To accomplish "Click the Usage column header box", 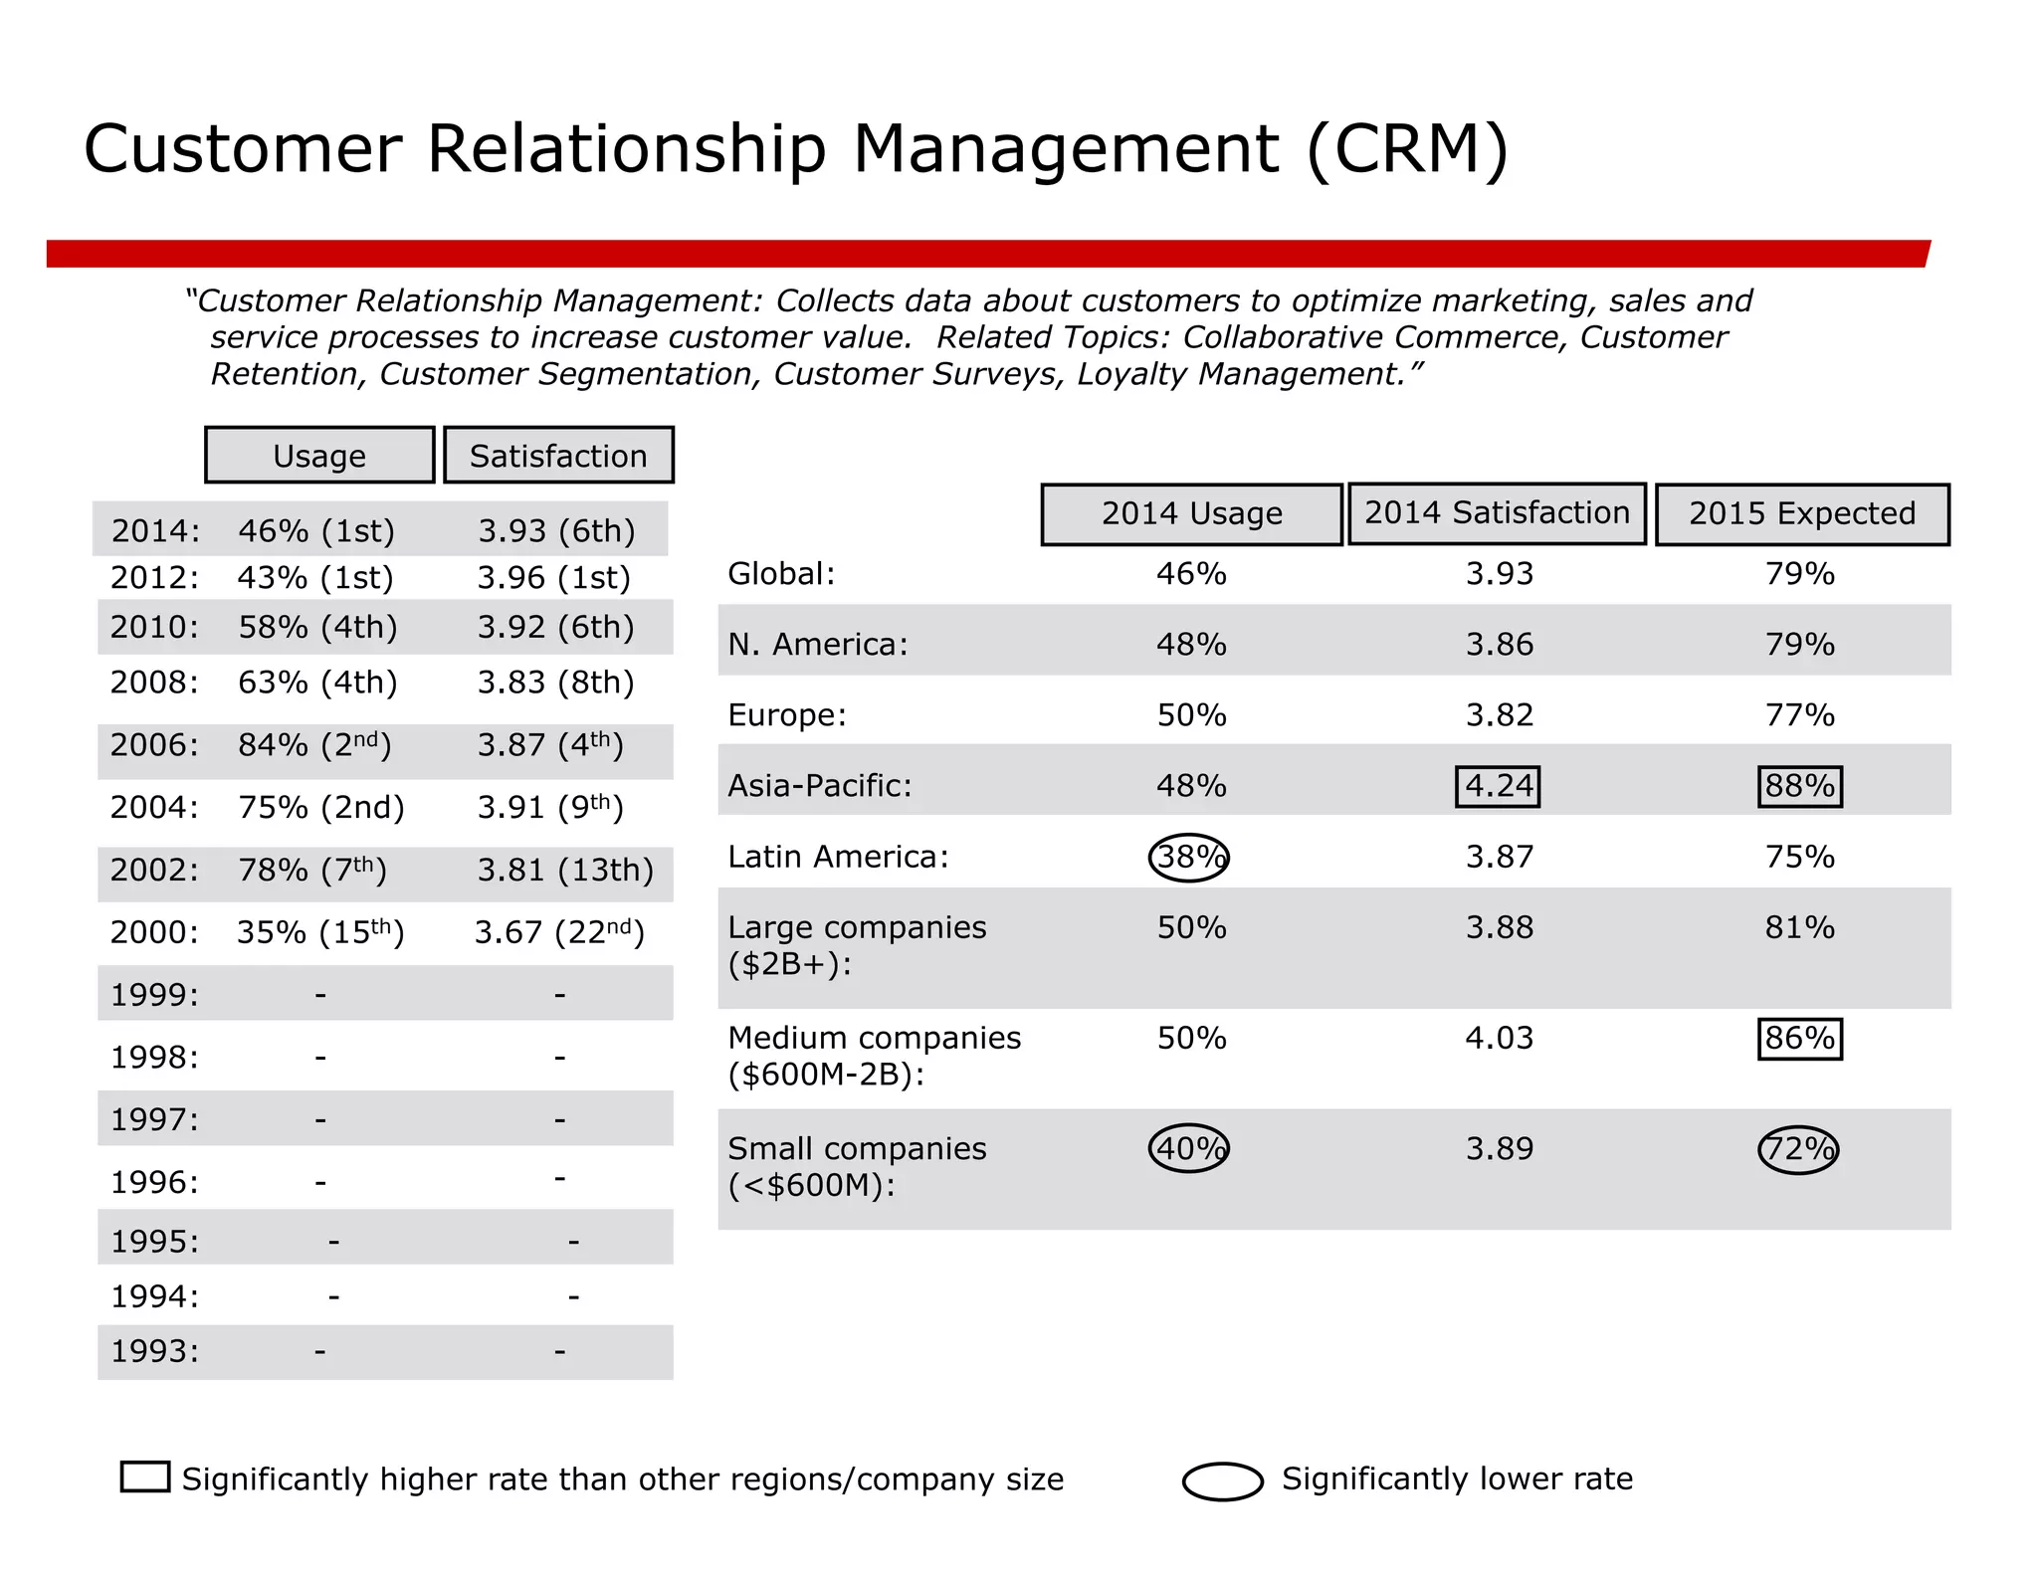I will pyautogui.click(x=319, y=456).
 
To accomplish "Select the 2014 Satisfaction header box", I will pyautogui.click(x=1497, y=513).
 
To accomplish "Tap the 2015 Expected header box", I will pyautogui.click(x=1802, y=514).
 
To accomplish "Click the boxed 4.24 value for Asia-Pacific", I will pyautogui.click(x=1498, y=786).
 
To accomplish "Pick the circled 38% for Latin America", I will pyautogui.click(x=1189, y=857).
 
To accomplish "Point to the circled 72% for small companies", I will pyautogui.click(x=1798, y=1149).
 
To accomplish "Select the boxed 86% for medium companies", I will pyautogui.click(x=1799, y=1039).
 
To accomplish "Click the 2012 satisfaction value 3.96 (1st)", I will pyautogui.click(x=554, y=578).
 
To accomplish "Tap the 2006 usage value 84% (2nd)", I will pyautogui.click(x=314, y=745).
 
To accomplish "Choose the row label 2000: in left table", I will pyautogui.click(x=154, y=932).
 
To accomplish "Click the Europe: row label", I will pyautogui.click(x=787, y=715).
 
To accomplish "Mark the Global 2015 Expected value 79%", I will pyautogui.click(x=1799, y=574).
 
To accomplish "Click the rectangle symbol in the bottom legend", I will pyautogui.click(x=145, y=1476).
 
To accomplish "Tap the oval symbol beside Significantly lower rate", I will pyautogui.click(x=1223, y=1480).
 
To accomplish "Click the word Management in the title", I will pyautogui.click(x=1065, y=149).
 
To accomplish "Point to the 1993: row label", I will pyautogui.click(x=154, y=1351).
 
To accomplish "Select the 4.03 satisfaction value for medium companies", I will pyautogui.click(x=1499, y=1039).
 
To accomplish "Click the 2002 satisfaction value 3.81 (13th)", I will pyautogui.click(x=565, y=871).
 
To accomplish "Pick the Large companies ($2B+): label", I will pyautogui.click(x=856, y=945).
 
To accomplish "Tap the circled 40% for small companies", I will pyautogui.click(x=1189, y=1149).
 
